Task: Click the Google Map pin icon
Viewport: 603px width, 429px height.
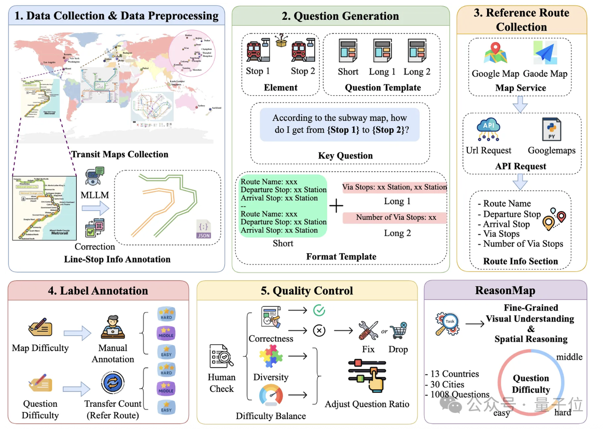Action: click(x=494, y=53)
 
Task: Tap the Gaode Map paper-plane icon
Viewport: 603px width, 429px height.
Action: click(x=545, y=53)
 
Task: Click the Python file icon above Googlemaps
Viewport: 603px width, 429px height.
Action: click(x=551, y=130)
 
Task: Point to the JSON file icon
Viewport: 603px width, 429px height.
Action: click(x=204, y=230)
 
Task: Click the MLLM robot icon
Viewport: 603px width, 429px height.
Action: click(x=94, y=176)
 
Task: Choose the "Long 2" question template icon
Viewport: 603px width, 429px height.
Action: click(x=417, y=51)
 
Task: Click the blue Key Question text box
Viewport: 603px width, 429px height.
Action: click(x=339, y=124)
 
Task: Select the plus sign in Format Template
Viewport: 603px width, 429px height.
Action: click(x=335, y=206)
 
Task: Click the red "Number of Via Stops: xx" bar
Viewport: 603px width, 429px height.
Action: click(x=396, y=217)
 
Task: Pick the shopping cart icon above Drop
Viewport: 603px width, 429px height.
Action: click(x=398, y=330)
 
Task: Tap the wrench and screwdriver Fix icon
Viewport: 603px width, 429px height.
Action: click(x=368, y=330)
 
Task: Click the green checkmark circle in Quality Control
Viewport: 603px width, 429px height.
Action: click(x=319, y=310)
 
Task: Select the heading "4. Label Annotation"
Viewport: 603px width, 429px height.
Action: click(x=98, y=290)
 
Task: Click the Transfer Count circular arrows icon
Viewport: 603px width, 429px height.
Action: click(x=113, y=383)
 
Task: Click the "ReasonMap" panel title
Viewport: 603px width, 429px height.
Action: click(x=505, y=290)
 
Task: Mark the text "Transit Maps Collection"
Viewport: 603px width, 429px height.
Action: click(x=120, y=154)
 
